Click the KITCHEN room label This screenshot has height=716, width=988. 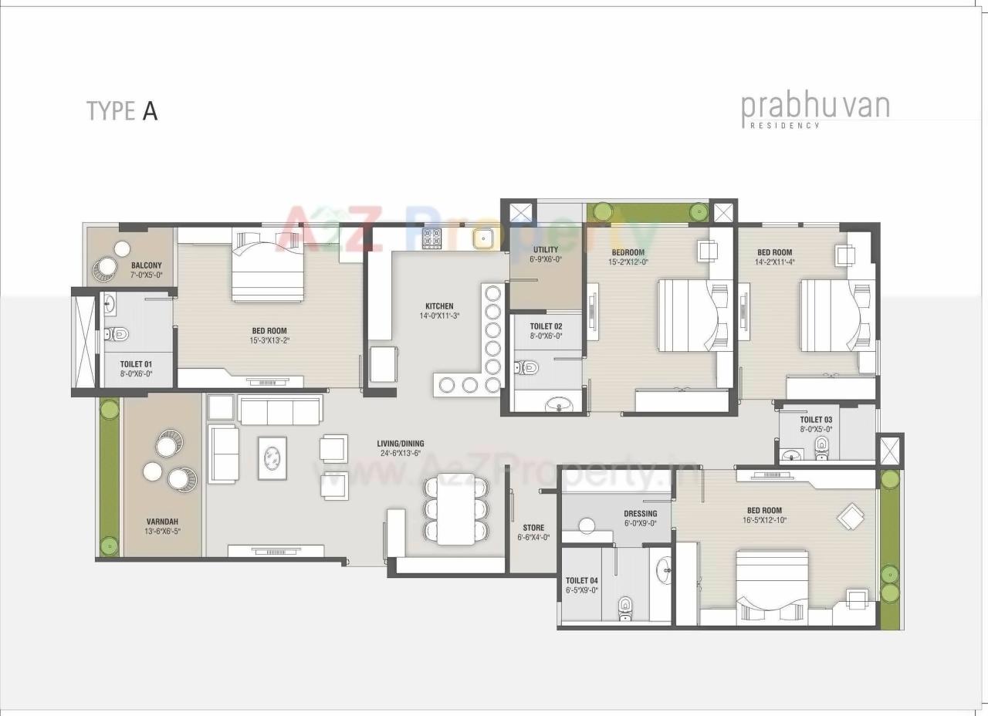(x=439, y=306)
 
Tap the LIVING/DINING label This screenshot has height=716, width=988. (x=400, y=444)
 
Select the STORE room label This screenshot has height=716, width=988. (x=533, y=528)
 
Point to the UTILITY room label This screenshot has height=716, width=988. (x=546, y=250)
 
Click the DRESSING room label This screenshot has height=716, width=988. (x=640, y=513)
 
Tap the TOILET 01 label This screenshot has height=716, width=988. (x=136, y=364)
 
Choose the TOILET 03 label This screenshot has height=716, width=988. (x=816, y=420)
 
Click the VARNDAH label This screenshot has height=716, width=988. (x=161, y=521)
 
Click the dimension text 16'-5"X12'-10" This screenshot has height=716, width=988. (x=764, y=520)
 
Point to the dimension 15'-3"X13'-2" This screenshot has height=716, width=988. (x=269, y=340)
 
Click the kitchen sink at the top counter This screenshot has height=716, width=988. (x=484, y=239)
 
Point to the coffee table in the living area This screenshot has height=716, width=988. (x=272, y=458)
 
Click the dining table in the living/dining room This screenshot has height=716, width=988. (x=455, y=509)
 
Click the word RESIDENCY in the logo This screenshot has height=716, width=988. (x=780, y=125)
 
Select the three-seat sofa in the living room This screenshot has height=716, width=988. (x=280, y=410)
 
